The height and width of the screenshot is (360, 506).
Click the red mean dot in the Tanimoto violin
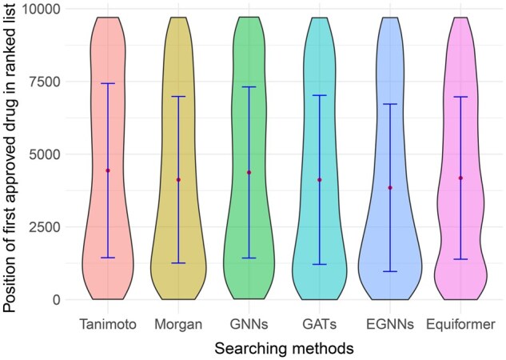[108, 170]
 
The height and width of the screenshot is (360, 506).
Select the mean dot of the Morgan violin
[178, 180]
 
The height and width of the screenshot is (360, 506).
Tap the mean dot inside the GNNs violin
[249, 173]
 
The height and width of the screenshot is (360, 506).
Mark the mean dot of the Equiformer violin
[460, 178]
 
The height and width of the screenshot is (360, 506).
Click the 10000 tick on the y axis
[49, 9]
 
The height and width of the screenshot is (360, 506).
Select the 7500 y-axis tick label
[53, 82]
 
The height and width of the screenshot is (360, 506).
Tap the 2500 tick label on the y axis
[53, 227]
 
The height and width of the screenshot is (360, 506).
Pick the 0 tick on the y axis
[64, 300]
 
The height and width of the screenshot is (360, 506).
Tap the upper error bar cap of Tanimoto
[108, 83]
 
